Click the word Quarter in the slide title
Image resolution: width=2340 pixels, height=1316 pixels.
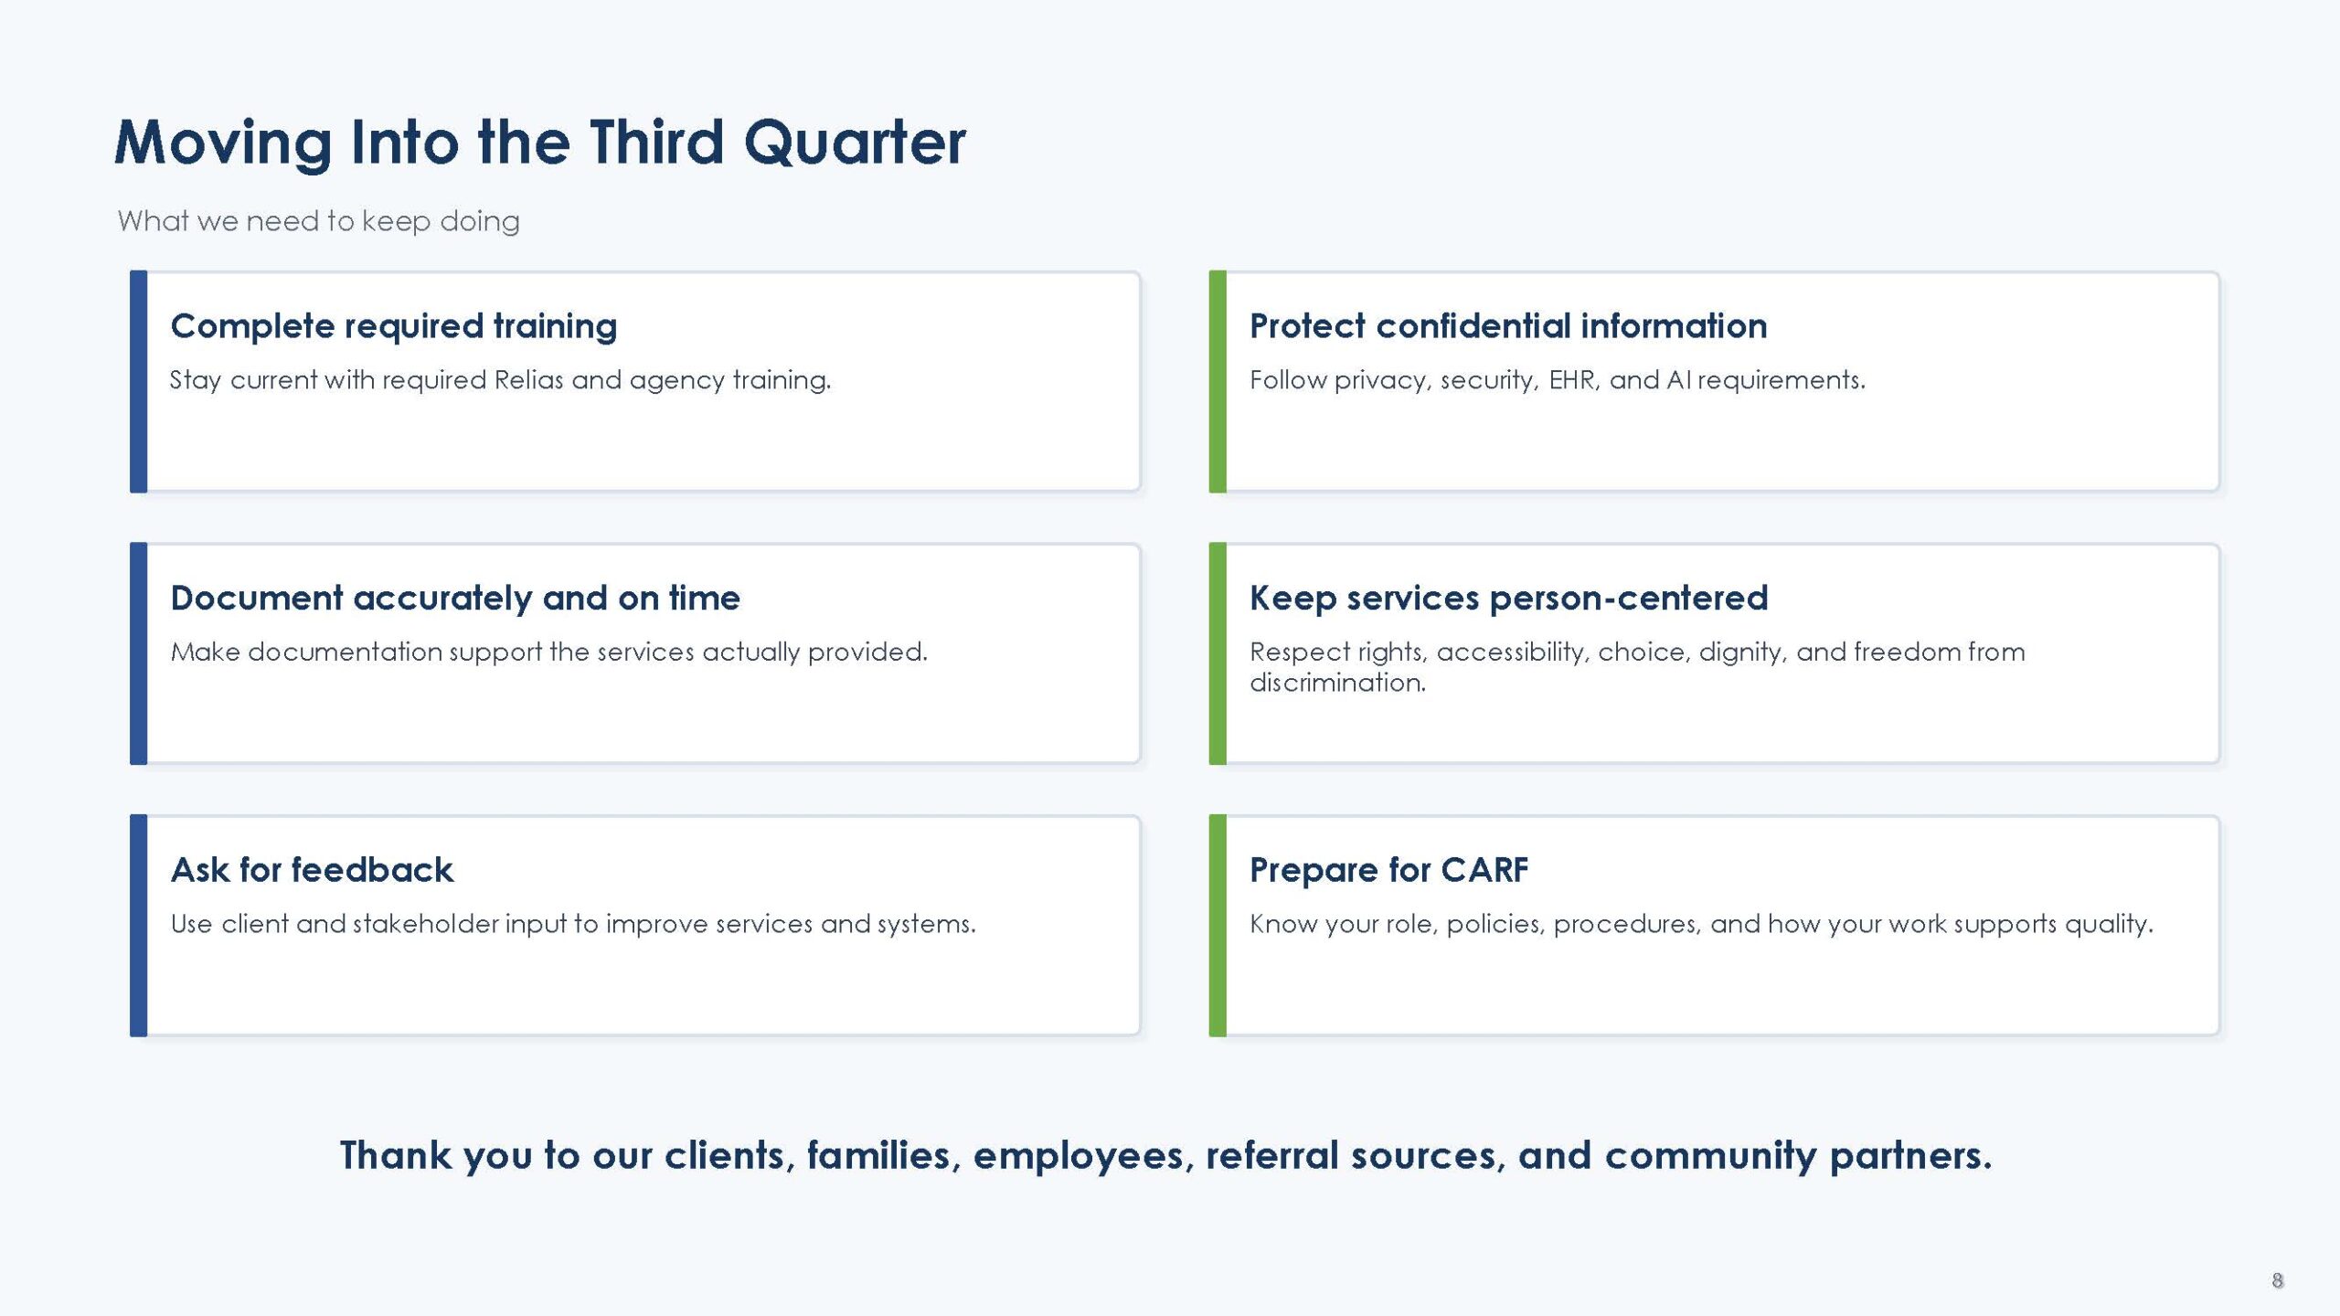855,143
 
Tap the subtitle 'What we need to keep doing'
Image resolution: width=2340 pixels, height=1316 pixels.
318,221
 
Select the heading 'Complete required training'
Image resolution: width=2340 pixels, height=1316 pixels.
394,326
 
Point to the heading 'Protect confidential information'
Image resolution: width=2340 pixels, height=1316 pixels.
1508,326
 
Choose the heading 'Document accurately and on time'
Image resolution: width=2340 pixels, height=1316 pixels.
455,598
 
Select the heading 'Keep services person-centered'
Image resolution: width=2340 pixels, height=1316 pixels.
1509,598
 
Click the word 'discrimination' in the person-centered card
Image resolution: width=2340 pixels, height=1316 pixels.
1337,683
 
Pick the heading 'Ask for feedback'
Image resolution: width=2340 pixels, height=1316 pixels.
312,870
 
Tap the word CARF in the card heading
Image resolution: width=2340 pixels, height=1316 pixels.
1484,870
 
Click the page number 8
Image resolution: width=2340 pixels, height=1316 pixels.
2278,1280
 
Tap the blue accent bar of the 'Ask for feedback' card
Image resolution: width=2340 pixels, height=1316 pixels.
138,925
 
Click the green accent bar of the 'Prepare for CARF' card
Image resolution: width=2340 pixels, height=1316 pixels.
1218,925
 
